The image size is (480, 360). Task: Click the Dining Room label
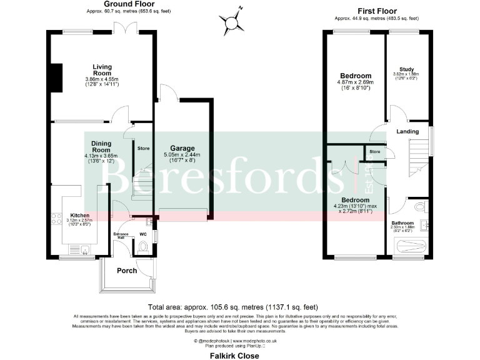101,146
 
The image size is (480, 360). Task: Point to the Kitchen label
79,214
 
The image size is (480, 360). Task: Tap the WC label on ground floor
142,235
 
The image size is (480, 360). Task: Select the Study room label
407,69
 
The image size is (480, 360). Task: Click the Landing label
407,131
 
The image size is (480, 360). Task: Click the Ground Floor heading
129,4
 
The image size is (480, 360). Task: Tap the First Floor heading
377,11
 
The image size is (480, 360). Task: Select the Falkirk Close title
234,355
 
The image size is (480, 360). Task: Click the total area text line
233,307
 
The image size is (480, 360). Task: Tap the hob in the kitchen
54,219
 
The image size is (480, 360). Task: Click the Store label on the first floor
374,151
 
